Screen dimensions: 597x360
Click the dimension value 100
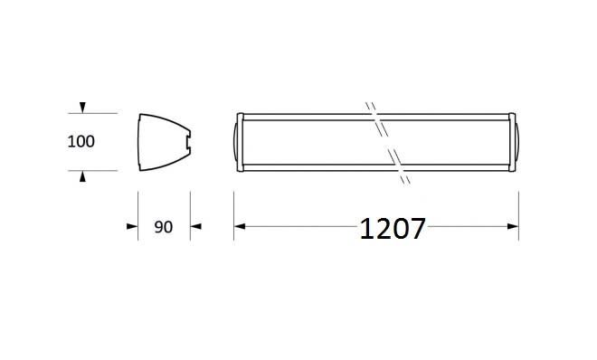click(81, 142)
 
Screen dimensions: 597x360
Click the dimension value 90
click(164, 227)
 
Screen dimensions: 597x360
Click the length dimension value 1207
click(393, 228)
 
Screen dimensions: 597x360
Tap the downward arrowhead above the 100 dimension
click(82, 108)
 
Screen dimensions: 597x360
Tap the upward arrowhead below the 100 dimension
click(82, 176)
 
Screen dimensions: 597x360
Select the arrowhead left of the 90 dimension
click(132, 226)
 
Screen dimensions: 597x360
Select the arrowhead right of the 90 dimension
click(195, 226)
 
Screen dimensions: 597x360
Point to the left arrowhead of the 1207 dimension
click(240, 226)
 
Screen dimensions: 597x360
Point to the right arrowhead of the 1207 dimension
click(513, 226)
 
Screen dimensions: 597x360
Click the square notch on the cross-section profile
click(188, 142)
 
